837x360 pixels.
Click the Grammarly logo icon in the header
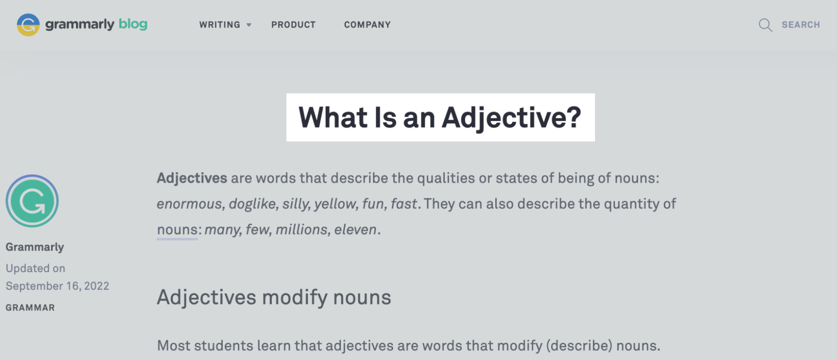pyautogui.click(x=28, y=25)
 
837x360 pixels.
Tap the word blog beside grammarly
pyautogui.click(x=133, y=24)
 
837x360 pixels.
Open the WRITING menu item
pyautogui.click(x=219, y=25)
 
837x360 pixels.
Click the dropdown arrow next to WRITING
pyautogui.click(x=249, y=25)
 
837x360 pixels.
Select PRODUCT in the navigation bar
pyautogui.click(x=293, y=25)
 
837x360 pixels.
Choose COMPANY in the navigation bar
pyautogui.click(x=367, y=25)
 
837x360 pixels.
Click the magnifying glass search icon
pyautogui.click(x=765, y=25)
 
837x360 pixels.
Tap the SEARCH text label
pyautogui.click(x=801, y=25)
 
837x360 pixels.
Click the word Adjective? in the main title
pyautogui.click(x=511, y=118)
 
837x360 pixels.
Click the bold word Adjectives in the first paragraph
pyautogui.click(x=192, y=178)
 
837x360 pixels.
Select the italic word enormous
pyautogui.click(x=189, y=204)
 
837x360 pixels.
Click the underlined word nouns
pyautogui.click(x=177, y=230)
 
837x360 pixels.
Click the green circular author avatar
pyautogui.click(x=32, y=201)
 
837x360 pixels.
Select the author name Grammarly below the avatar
pyautogui.click(x=35, y=247)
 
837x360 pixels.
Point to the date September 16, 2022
pyautogui.click(x=57, y=286)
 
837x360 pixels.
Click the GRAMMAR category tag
pyautogui.click(x=30, y=308)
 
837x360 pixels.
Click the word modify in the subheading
pyautogui.click(x=295, y=298)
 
